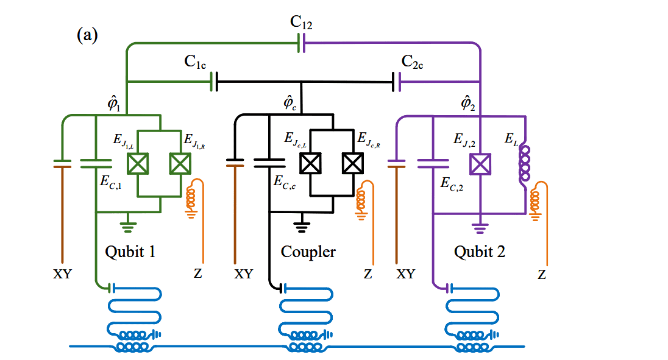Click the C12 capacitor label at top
(301, 24)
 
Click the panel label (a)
(87, 35)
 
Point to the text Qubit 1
(130, 251)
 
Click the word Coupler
(308, 251)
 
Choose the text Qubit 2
(480, 251)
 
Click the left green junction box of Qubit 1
(136, 163)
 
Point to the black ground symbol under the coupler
(300, 227)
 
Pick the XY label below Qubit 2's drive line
(406, 275)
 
